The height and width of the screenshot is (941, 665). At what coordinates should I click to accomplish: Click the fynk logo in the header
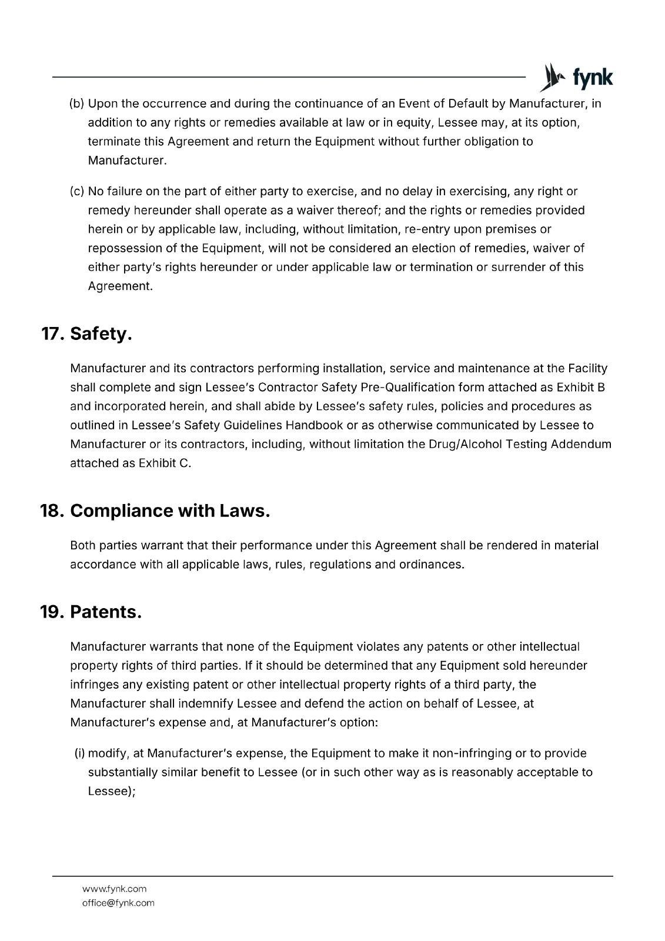tap(576, 77)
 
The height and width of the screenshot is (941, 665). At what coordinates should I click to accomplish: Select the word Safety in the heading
tap(101, 334)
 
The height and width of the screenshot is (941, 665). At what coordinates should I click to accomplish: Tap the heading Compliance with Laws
tap(170, 510)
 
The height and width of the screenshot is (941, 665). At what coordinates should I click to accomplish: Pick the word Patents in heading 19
tap(106, 612)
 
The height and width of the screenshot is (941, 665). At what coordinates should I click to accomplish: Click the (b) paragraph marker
tap(77, 104)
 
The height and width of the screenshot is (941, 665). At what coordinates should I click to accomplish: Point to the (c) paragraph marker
tap(77, 191)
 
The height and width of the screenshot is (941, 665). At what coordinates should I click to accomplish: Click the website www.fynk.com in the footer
tap(114, 889)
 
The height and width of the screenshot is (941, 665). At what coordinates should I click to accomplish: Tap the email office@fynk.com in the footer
tap(118, 903)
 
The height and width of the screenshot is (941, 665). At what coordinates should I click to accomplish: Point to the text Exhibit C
tap(165, 463)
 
